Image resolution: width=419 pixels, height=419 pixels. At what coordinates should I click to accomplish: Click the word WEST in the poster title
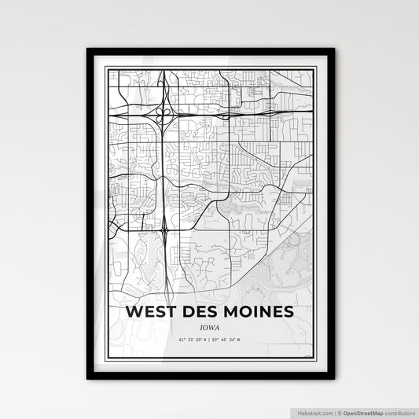coord(153,312)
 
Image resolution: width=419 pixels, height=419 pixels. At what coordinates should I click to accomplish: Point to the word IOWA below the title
coord(209,327)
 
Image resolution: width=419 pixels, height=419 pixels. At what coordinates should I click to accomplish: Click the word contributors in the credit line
coord(402,413)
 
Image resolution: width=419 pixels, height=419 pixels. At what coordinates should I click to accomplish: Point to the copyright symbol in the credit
coord(339,413)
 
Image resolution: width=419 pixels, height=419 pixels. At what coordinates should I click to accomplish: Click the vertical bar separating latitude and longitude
coord(210,339)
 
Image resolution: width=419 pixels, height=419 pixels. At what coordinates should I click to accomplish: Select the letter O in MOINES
coord(243,312)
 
